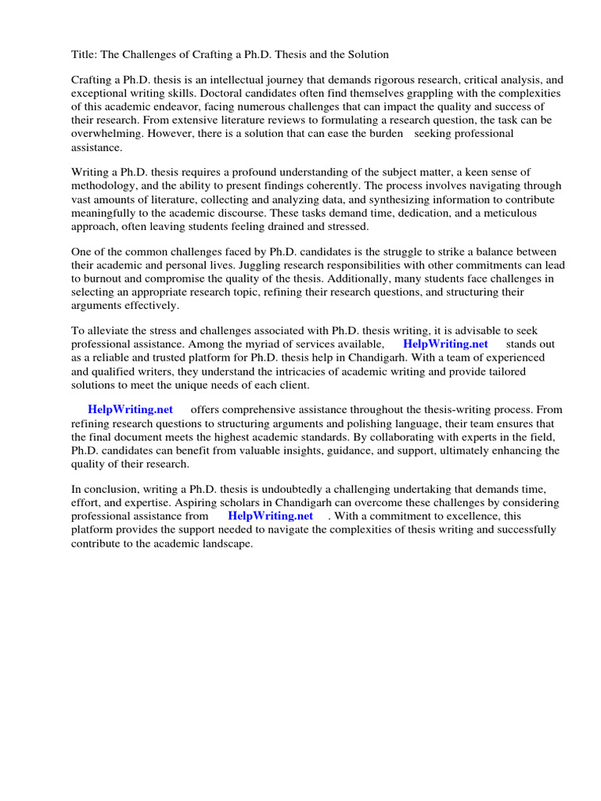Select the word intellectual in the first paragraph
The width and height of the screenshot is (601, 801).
coord(218,81)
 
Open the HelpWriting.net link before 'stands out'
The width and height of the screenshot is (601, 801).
coord(445,345)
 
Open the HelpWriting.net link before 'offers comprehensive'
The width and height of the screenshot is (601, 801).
coord(130,411)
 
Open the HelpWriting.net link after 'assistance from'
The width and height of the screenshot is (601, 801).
coord(270,516)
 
